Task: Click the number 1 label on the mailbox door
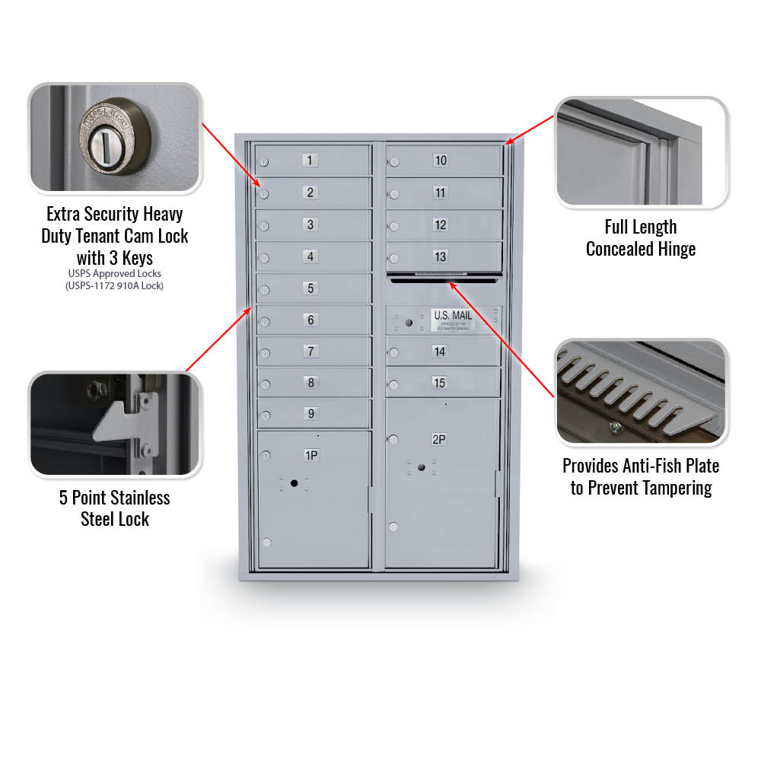click(310, 161)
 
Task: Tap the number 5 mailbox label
click(310, 288)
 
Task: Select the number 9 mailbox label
click(310, 414)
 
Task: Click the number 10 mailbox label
click(441, 161)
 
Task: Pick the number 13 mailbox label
click(441, 257)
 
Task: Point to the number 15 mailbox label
click(440, 383)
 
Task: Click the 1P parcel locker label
click(311, 455)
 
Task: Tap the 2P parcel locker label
click(439, 439)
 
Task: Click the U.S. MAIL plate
click(452, 320)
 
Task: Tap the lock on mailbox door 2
click(264, 194)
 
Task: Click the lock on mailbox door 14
click(393, 352)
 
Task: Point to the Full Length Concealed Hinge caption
click(640, 237)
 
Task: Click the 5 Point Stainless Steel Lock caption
click(115, 508)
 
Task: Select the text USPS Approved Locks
click(114, 273)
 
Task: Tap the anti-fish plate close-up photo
click(641, 392)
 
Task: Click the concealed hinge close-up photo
click(641, 152)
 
